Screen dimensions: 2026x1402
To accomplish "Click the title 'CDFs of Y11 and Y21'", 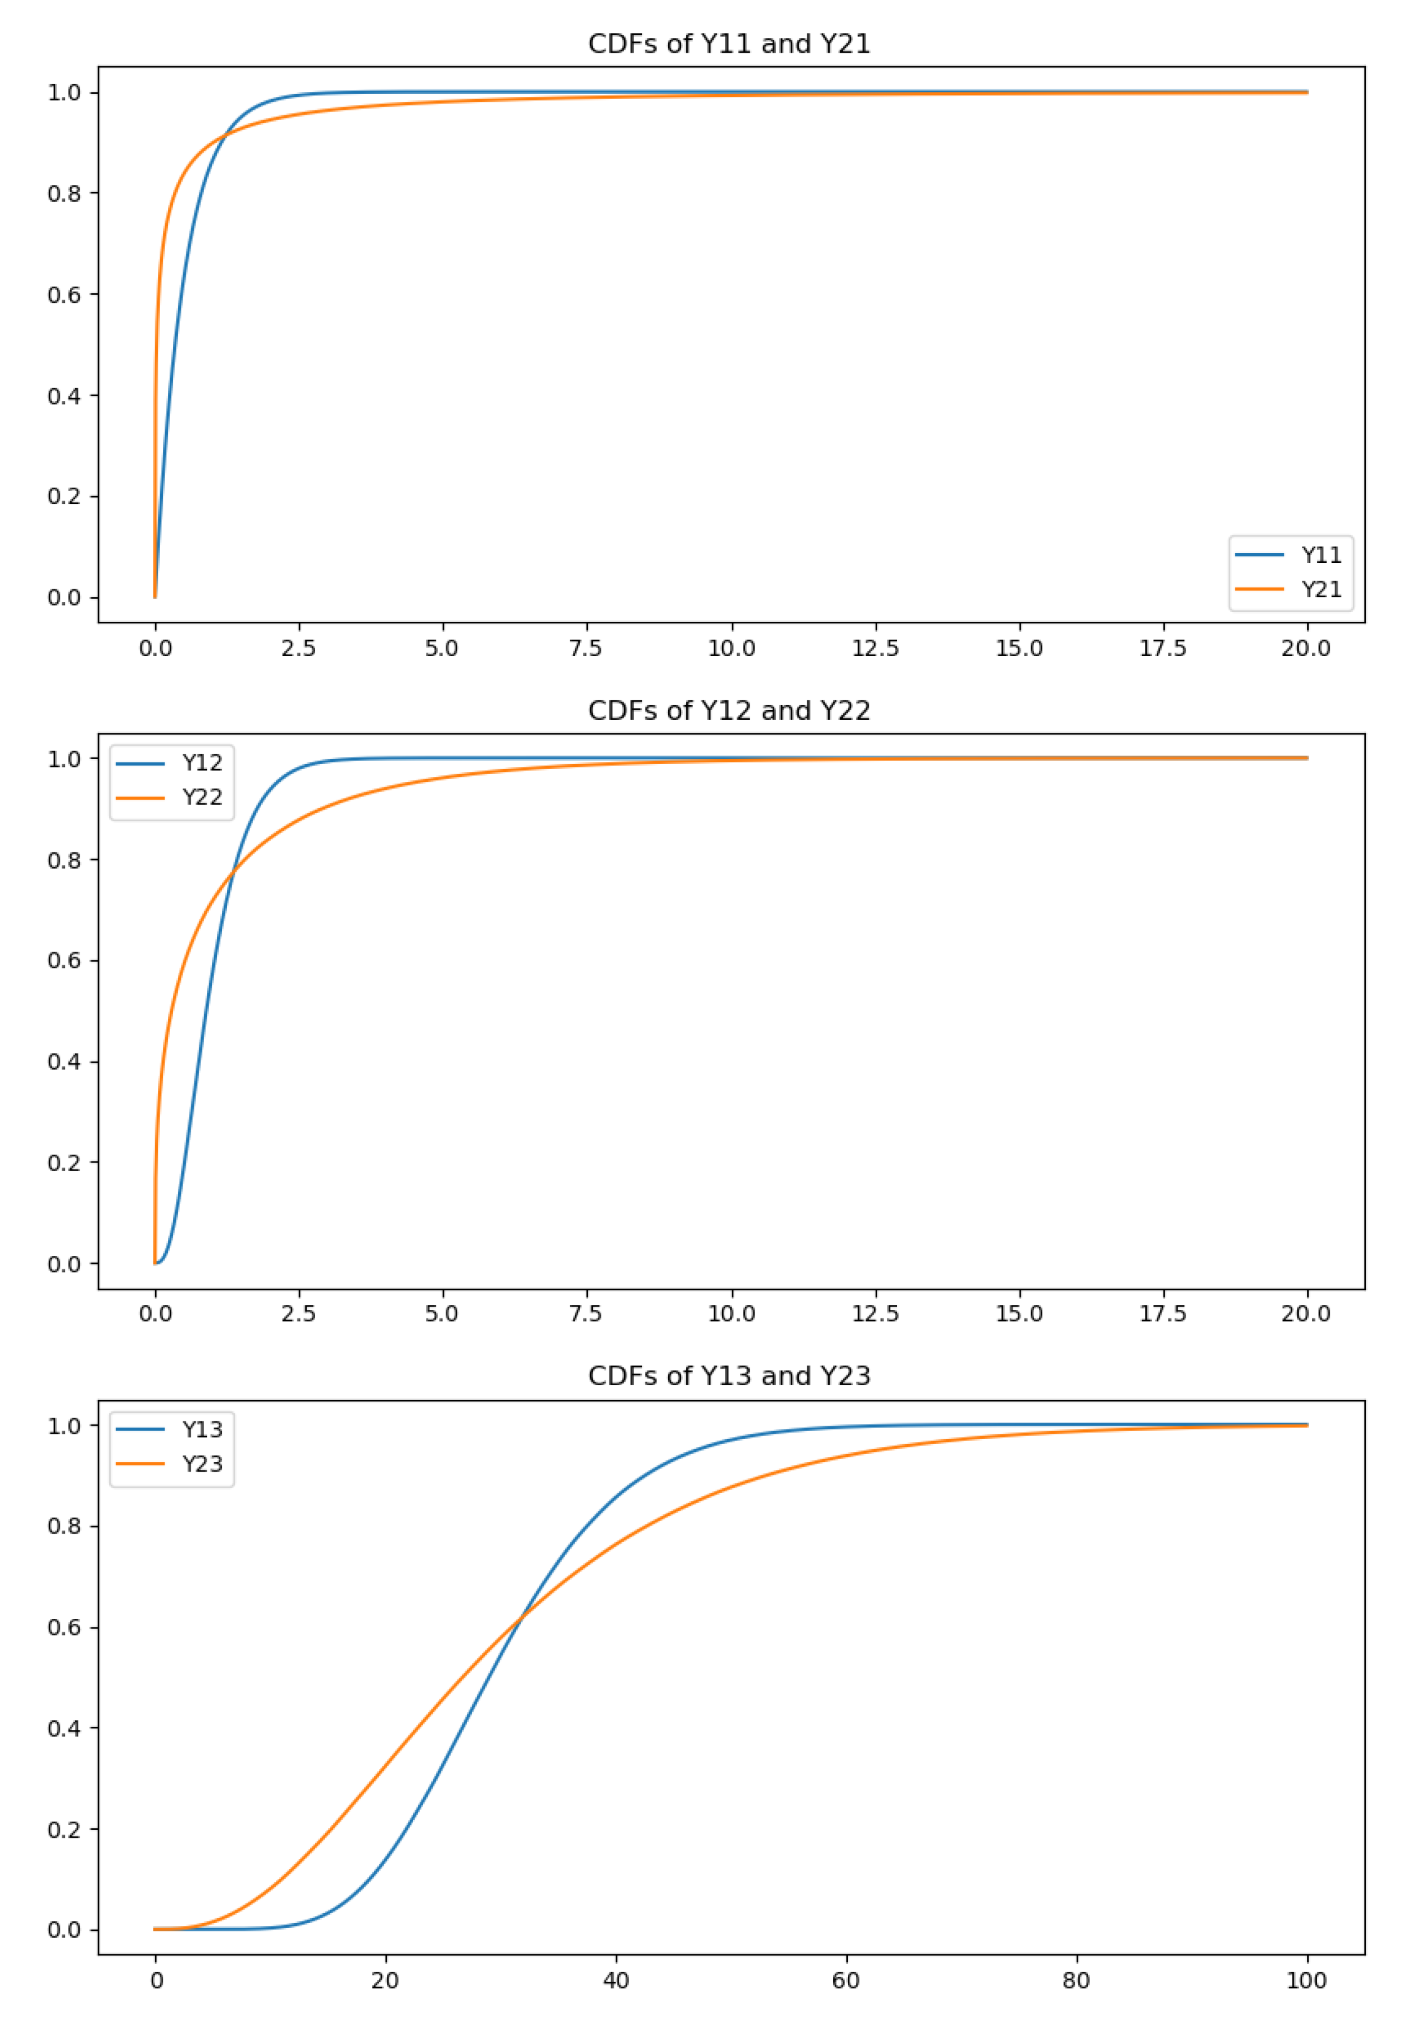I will click(x=728, y=44).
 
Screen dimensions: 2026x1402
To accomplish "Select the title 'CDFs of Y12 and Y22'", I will click(x=728, y=711).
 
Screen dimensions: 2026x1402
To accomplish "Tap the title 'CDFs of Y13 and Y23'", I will click(x=728, y=1376).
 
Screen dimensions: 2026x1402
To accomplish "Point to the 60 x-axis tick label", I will click(x=845, y=1980).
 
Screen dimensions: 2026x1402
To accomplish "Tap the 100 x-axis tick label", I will click(x=1306, y=1980).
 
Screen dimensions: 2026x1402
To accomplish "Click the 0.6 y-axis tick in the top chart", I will click(x=64, y=295).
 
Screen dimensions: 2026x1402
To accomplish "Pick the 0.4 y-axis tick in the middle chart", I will click(x=64, y=1062).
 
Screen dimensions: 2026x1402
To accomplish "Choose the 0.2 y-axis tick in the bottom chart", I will click(x=64, y=1830).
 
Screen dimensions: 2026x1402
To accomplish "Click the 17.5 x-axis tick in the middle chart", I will click(x=1163, y=1314).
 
